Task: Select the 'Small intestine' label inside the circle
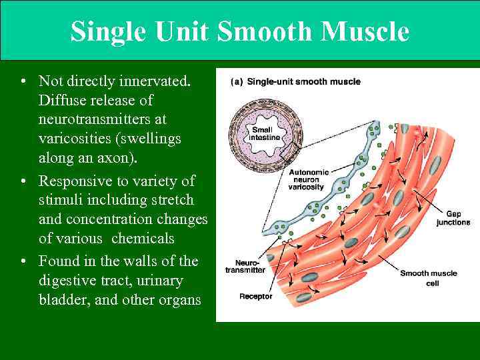coord(263,133)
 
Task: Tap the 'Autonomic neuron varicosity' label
coord(307,179)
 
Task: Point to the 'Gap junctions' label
coord(453,218)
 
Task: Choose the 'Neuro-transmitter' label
coord(245,265)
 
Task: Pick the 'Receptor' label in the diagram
coord(255,296)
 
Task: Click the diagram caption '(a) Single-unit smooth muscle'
coord(295,82)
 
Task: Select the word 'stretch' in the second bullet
coord(172,200)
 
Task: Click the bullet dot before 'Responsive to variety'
coord(23,181)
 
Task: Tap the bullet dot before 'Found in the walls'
coord(23,260)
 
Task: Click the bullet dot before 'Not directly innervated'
coord(23,81)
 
